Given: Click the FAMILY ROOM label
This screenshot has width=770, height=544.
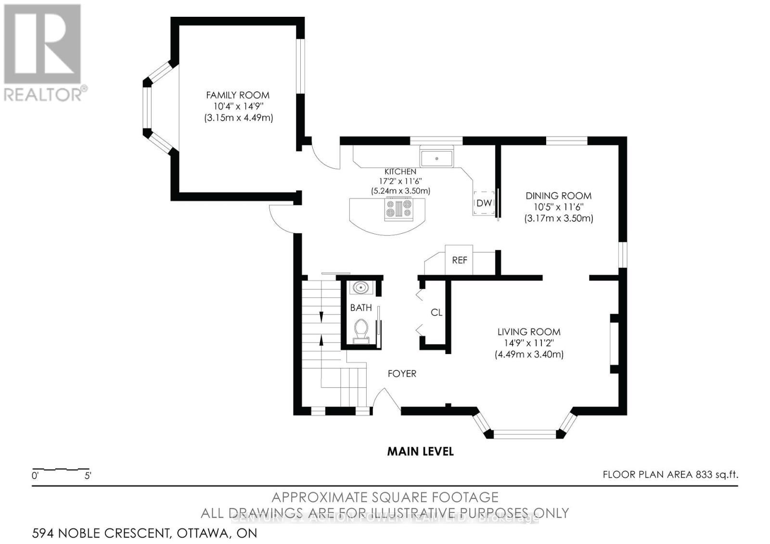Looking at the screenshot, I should pyautogui.click(x=238, y=95).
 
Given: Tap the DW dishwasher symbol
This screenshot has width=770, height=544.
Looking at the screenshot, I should pyautogui.click(x=484, y=203).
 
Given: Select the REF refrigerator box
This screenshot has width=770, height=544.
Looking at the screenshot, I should pyautogui.click(x=459, y=260).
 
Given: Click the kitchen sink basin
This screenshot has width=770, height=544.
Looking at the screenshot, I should pyautogui.click(x=437, y=158).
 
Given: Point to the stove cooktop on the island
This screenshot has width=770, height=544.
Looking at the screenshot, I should pyautogui.click(x=398, y=209).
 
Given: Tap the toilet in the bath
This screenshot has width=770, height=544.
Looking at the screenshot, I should pyautogui.click(x=360, y=331).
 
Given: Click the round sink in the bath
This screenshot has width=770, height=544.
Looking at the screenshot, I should pyautogui.click(x=360, y=288).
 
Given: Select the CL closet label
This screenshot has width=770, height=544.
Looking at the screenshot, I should pyautogui.click(x=436, y=313).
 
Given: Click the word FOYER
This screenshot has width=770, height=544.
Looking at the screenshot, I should pyautogui.click(x=402, y=374).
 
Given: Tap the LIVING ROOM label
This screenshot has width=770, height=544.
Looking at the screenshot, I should pyautogui.click(x=529, y=332).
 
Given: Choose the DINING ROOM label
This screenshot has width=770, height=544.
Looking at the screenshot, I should pyautogui.click(x=558, y=196).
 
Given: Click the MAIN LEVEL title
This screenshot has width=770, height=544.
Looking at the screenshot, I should pyautogui.click(x=421, y=452).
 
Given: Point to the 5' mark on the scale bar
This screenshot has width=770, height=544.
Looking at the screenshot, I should pyautogui.click(x=88, y=476).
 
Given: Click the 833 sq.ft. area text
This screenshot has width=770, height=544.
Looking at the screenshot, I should pyautogui.click(x=716, y=475).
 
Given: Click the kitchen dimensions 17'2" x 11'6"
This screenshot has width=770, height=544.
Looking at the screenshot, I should pyautogui.click(x=400, y=181).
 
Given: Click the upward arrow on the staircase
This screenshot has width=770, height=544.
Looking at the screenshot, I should pyautogui.click(x=321, y=340).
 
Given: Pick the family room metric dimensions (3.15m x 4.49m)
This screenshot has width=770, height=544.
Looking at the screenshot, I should pyautogui.click(x=238, y=118).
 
